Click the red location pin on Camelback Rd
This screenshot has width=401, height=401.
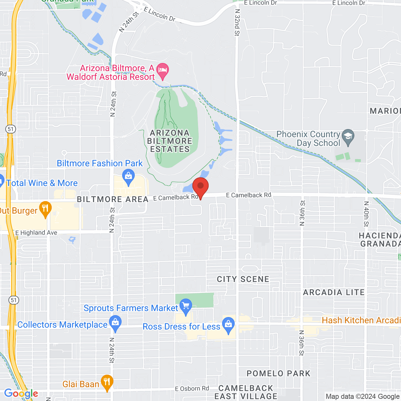[200, 186]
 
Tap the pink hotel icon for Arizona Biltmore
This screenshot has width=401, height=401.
[163, 70]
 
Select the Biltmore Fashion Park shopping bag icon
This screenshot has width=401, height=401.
[128, 177]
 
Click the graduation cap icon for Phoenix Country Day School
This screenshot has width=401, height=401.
[348, 136]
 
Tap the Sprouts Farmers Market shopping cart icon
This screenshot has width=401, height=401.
[186, 306]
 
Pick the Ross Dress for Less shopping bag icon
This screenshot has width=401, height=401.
[228, 325]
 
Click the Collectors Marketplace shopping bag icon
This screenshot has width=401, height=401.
[116, 323]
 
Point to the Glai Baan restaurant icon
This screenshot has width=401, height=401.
[107, 382]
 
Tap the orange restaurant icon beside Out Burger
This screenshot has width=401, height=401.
[46, 209]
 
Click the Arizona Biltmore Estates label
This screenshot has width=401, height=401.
[170, 141]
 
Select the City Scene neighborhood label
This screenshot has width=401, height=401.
[243, 279]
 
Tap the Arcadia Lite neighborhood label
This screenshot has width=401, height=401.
[334, 292]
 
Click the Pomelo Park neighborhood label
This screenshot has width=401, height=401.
[279, 373]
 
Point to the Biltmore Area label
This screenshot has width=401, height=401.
[112, 199]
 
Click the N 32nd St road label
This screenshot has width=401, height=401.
[237, 23]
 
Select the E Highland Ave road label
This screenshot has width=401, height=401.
[36, 233]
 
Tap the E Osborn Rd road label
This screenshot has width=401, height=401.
[192, 388]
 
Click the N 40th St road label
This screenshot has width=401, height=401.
[366, 214]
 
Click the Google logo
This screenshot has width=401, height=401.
[21, 393]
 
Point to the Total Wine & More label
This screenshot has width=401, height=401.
[42, 183]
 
